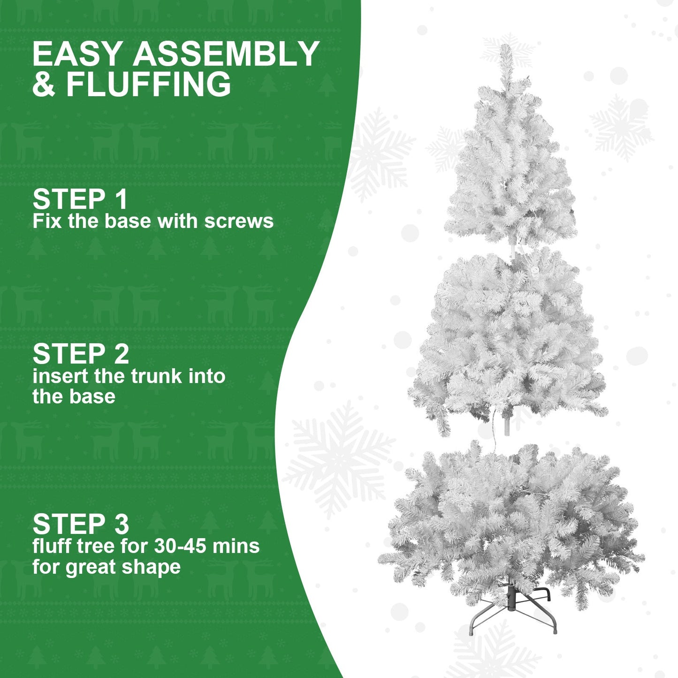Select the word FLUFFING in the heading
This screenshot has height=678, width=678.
(x=148, y=84)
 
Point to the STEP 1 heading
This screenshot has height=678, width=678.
(x=80, y=199)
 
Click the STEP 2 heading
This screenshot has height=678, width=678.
(x=81, y=354)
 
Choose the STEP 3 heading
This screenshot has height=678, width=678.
(x=81, y=524)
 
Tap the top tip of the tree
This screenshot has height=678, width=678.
(x=505, y=49)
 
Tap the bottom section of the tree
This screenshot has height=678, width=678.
(x=511, y=521)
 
